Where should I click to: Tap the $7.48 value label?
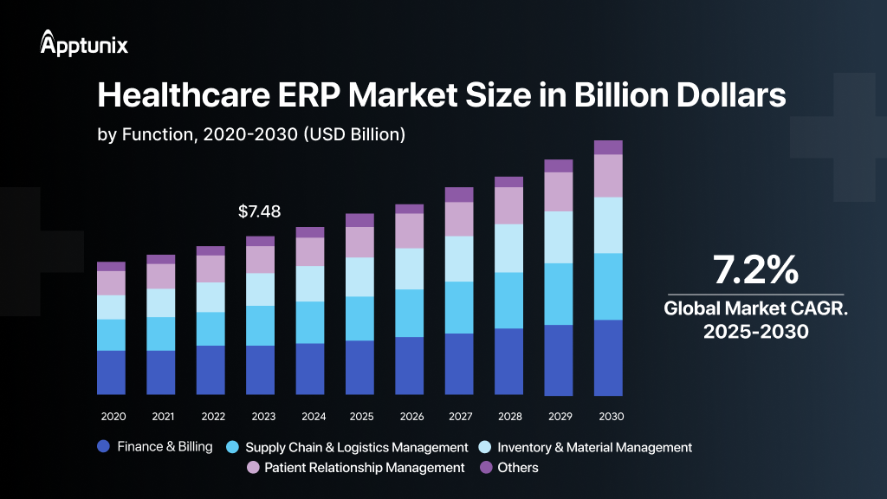[x=259, y=211]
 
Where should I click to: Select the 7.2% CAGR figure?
[x=754, y=270]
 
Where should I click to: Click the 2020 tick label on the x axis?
[x=113, y=417]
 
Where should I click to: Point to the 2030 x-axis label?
[x=610, y=417]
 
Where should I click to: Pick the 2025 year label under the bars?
[x=361, y=417]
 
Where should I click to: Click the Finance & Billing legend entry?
[x=156, y=447]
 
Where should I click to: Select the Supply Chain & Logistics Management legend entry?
[x=346, y=448]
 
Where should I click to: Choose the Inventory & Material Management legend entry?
[x=585, y=448]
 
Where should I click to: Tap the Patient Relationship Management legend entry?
[x=355, y=468]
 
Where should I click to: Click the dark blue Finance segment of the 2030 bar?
[x=609, y=357]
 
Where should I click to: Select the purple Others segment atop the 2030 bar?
[x=609, y=147]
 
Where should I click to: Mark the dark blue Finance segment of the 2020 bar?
[x=112, y=373]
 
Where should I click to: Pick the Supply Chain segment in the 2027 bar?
[x=459, y=308]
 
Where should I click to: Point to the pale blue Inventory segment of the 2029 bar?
[x=559, y=237]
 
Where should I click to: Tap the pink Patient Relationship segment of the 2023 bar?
[x=260, y=260]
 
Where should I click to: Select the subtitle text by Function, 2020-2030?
[x=251, y=135]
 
